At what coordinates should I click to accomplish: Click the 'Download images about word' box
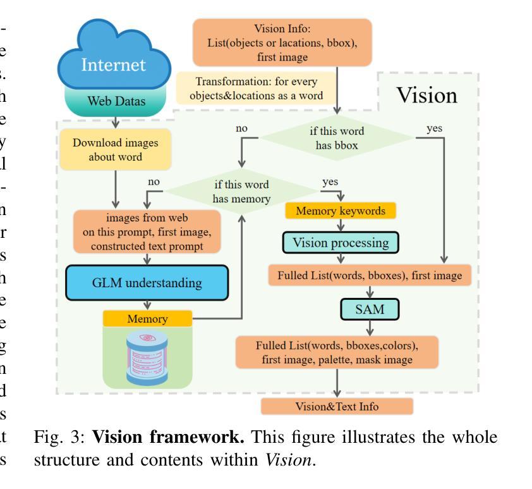(x=116, y=149)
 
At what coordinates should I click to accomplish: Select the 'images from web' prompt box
(x=147, y=231)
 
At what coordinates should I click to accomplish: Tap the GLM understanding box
(x=146, y=282)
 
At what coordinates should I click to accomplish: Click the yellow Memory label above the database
(x=147, y=319)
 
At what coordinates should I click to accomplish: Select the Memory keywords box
(x=341, y=210)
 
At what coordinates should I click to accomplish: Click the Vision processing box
(x=341, y=242)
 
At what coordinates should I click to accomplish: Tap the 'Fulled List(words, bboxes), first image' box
(x=370, y=275)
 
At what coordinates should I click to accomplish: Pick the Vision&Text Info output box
(x=337, y=406)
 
